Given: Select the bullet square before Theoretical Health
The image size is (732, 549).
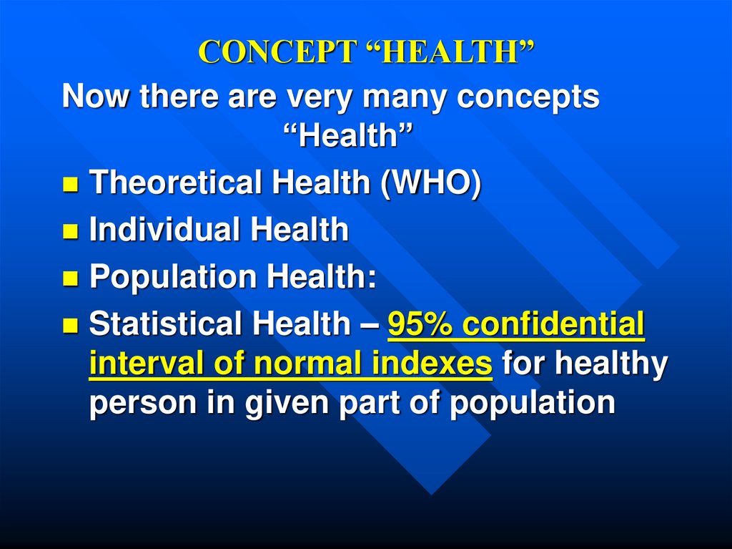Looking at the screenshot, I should (x=70, y=186).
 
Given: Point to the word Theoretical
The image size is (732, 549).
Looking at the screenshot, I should (x=175, y=184).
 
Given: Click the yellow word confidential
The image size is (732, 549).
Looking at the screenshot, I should (x=553, y=325).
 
